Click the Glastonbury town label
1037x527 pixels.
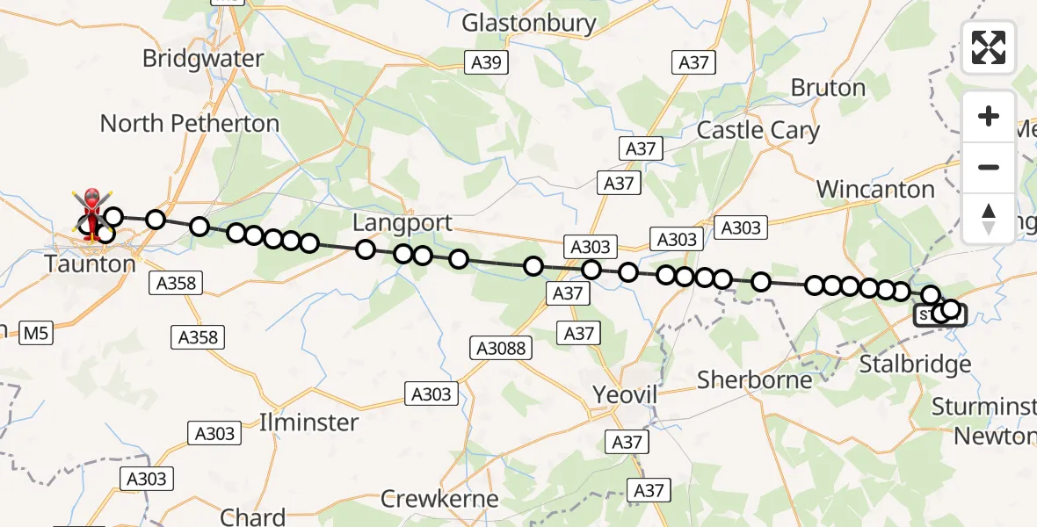pyautogui.click(x=529, y=23)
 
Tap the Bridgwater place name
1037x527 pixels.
pyautogui.click(x=203, y=59)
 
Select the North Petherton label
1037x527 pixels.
pyautogui.click(x=190, y=123)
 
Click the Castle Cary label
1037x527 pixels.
pyautogui.click(x=758, y=131)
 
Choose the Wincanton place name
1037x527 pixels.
pyautogui.click(x=875, y=189)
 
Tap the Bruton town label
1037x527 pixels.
pyautogui.click(x=828, y=88)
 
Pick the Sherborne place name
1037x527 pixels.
pyautogui.click(x=755, y=380)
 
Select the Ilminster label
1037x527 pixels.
pyautogui.click(x=308, y=422)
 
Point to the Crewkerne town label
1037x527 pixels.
pyautogui.click(x=439, y=500)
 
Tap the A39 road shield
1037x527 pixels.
pyautogui.click(x=485, y=62)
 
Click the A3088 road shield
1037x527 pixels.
pyautogui.click(x=503, y=348)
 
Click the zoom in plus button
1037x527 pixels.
pyautogui.click(x=989, y=116)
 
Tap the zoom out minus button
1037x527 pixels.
pyautogui.click(x=989, y=167)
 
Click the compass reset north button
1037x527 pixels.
pyautogui.click(x=989, y=217)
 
